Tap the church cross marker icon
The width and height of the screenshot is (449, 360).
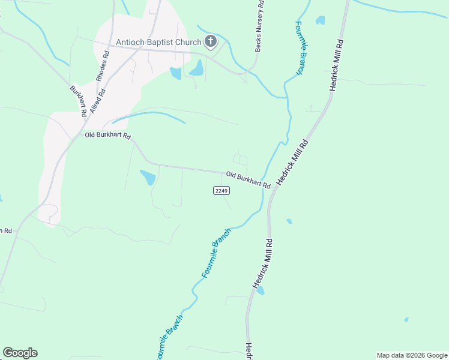click(x=210, y=41)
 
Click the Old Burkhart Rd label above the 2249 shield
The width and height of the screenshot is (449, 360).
click(x=248, y=180)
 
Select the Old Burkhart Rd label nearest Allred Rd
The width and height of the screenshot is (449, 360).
click(x=107, y=136)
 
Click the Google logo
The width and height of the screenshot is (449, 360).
click(x=20, y=353)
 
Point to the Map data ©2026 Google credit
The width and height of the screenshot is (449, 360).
click(x=412, y=355)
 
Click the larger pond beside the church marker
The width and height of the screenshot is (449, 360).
click(x=197, y=68)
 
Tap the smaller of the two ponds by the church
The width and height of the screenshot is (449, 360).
click(x=175, y=73)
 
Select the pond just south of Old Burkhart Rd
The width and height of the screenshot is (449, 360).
click(x=148, y=178)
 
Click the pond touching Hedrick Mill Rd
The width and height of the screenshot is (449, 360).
click(x=260, y=291)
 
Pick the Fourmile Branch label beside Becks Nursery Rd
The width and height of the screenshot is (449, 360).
click(x=299, y=48)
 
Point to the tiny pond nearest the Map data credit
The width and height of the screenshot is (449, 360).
click(x=406, y=319)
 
